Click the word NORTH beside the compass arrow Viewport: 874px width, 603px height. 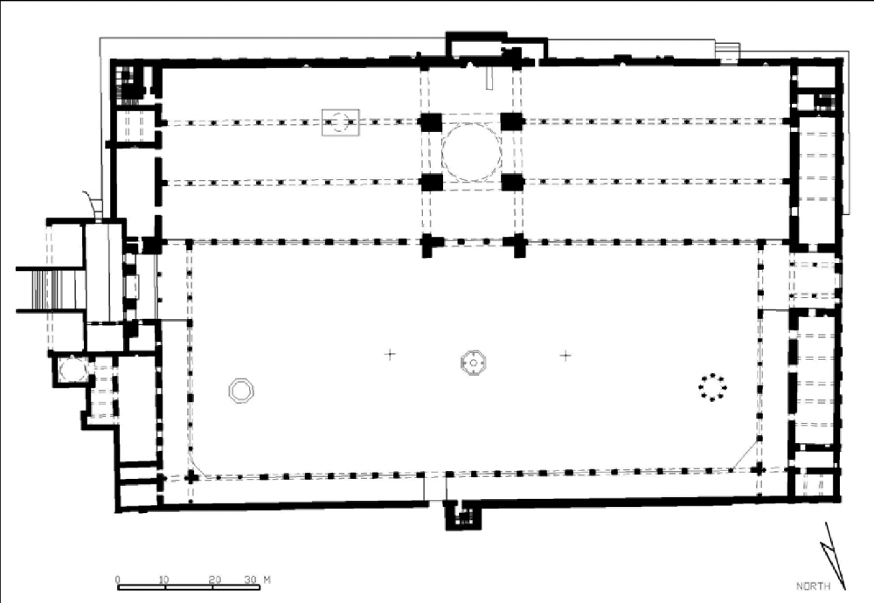(x=813, y=586)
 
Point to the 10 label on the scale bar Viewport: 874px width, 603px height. (x=163, y=579)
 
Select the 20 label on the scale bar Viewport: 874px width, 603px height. (x=215, y=579)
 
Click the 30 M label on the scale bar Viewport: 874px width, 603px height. (x=258, y=579)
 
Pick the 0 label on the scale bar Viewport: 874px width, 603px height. (x=118, y=579)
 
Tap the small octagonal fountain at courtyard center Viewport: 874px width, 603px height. (x=473, y=363)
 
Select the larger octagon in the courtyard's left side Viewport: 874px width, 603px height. (x=241, y=391)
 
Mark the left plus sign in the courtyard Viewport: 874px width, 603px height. (x=390, y=354)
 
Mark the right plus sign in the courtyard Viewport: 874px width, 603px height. (x=565, y=355)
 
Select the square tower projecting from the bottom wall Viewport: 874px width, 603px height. (x=462, y=515)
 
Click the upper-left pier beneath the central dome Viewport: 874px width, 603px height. (x=430, y=122)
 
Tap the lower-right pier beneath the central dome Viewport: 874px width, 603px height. (x=511, y=183)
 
